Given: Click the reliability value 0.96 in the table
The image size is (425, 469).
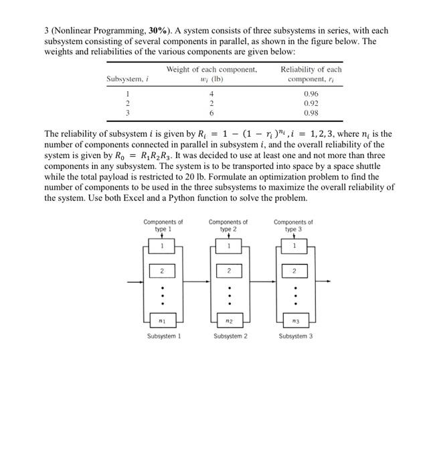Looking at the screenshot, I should (x=311, y=94).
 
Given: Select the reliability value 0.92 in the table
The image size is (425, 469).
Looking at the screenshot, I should (x=311, y=104).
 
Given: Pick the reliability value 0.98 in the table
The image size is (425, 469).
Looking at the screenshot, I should (x=311, y=113).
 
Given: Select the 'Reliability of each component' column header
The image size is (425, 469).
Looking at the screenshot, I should (x=311, y=74).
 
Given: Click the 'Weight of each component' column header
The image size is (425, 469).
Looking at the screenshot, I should (x=211, y=74).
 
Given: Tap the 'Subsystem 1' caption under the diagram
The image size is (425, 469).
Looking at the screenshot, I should (x=163, y=336).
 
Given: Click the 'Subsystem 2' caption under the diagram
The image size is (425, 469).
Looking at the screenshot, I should (x=228, y=336).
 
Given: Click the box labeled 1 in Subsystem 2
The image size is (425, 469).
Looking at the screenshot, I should (x=228, y=246).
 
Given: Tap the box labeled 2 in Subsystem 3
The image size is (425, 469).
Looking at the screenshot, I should (x=293, y=271).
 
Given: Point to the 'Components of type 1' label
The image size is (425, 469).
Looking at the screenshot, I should (x=163, y=225).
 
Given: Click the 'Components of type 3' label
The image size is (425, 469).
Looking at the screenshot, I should (x=293, y=225).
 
